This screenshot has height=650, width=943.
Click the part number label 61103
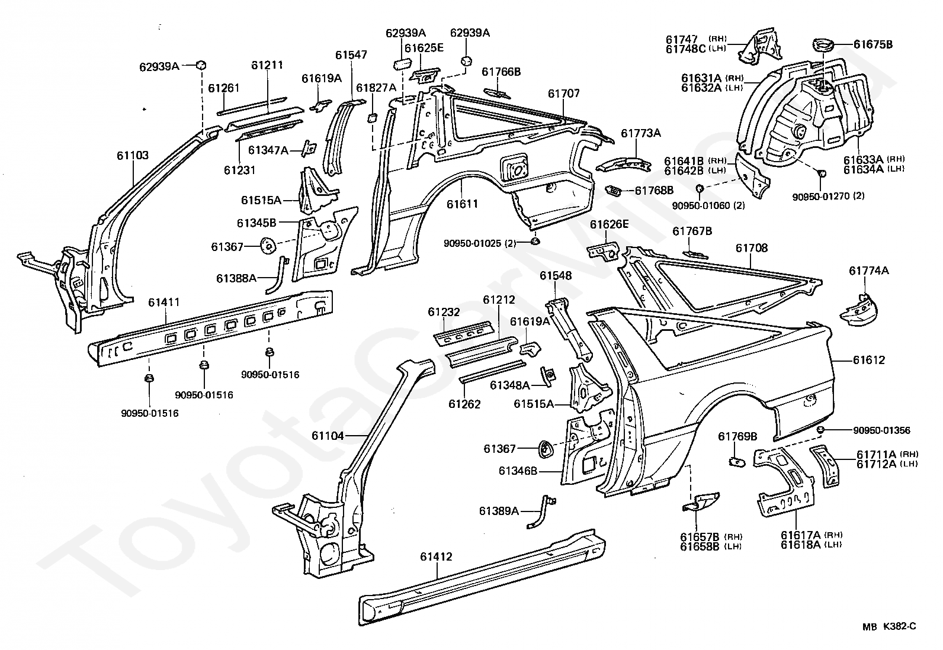click(133, 155)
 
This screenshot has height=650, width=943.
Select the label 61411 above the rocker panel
click(163, 302)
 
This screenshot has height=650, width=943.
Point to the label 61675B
click(873, 44)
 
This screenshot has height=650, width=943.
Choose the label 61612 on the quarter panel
click(869, 360)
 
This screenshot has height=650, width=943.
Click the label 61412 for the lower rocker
click(436, 556)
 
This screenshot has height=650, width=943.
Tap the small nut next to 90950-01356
click(820, 430)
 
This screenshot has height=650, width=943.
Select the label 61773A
click(641, 133)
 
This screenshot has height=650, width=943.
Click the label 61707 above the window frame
click(564, 94)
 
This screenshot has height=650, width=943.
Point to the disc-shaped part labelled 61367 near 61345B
click(267, 245)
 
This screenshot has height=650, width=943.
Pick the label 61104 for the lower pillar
click(328, 436)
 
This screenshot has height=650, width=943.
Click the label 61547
click(351, 55)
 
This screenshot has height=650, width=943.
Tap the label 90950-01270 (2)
click(828, 196)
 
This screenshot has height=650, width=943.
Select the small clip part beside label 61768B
click(614, 191)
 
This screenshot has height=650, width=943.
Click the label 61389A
click(499, 511)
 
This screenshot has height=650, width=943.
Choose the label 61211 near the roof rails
click(267, 65)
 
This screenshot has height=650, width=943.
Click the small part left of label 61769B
click(737, 462)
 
